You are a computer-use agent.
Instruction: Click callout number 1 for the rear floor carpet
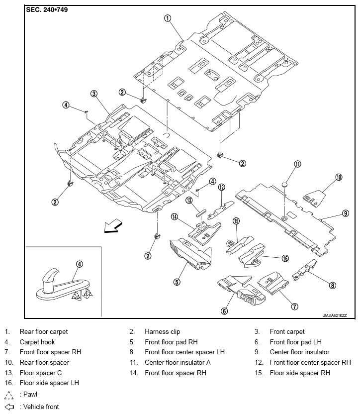pyautogui.click(x=168, y=18)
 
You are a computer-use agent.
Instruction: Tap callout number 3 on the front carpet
pyautogui.click(x=94, y=94)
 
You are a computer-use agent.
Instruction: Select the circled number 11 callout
pyautogui.click(x=297, y=164)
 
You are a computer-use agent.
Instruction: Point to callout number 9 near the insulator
pyautogui.click(x=346, y=213)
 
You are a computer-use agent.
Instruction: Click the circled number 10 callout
pyautogui.click(x=339, y=177)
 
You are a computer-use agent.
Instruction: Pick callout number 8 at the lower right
pyautogui.click(x=332, y=285)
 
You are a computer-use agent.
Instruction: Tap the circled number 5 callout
pyautogui.click(x=177, y=282)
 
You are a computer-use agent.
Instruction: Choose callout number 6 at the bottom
pyautogui.click(x=224, y=311)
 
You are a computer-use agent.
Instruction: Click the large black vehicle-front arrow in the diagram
pyautogui.click(x=113, y=226)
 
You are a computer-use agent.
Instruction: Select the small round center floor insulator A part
pyautogui.click(x=284, y=185)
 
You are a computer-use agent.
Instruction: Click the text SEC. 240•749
pyautogui.click(x=47, y=10)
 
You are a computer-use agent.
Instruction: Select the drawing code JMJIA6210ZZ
pyautogui.click(x=335, y=315)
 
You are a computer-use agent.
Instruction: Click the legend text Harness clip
pyautogui.click(x=163, y=331)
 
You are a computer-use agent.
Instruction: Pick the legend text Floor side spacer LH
pyautogui.click(x=49, y=383)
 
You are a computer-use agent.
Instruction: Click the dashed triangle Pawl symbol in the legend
pyautogui.click(x=9, y=395)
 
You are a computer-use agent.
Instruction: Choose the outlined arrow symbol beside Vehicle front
pyautogui.click(x=9, y=407)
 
